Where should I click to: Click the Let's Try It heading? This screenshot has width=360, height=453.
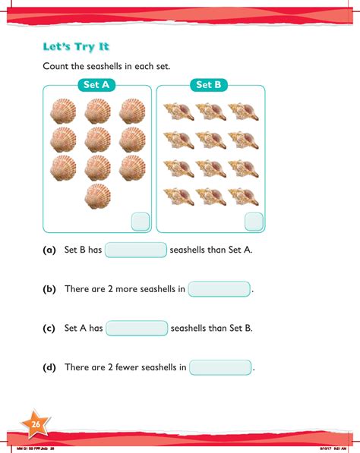[x=77, y=46]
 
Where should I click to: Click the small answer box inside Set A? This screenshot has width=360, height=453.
[x=141, y=222]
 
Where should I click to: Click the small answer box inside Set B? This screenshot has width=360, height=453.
[x=254, y=222]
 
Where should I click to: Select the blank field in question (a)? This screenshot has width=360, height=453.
[x=135, y=250]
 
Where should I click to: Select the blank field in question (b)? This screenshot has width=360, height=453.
[x=219, y=289]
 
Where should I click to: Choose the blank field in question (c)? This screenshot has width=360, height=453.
[x=137, y=329]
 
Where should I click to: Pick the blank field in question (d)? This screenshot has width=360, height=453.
[x=220, y=368]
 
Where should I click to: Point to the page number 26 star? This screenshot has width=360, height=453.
[x=35, y=424]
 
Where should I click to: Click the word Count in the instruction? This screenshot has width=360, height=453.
[x=56, y=67]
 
